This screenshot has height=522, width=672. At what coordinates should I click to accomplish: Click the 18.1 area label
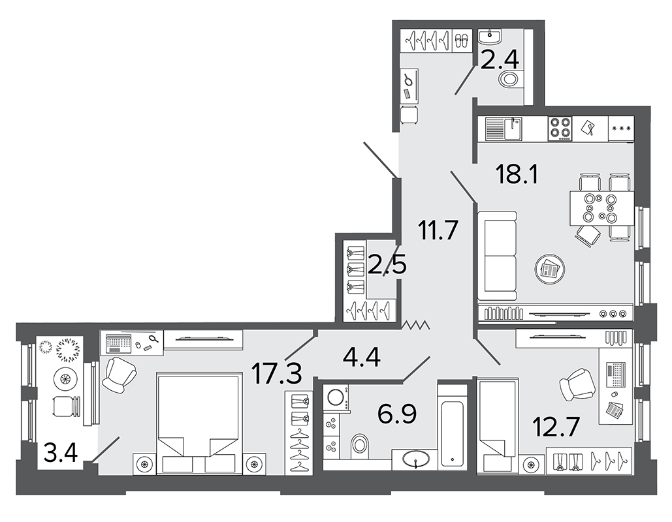pyautogui.click(x=517, y=175)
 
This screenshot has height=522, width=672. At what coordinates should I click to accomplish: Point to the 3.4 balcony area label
pyautogui.click(x=61, y=453)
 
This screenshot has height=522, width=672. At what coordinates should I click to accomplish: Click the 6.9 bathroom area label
pyautogui.click(x=397, y=413)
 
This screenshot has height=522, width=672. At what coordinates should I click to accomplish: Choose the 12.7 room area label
pyautogui.click(x=556, y=427)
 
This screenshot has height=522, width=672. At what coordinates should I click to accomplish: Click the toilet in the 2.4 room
pyautogui.click(x=510, y=79)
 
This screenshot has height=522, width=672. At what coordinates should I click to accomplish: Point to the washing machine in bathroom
pyautogui.click(x=337, y=397)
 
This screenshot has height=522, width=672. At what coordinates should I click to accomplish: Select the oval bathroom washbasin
pyautogui.click(x=416, y=460)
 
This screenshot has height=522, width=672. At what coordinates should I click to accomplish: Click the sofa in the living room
pyautogui.click(x=497, y=256)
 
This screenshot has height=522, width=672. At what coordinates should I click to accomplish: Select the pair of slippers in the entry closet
pyautogui.click(x=461, y=40)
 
